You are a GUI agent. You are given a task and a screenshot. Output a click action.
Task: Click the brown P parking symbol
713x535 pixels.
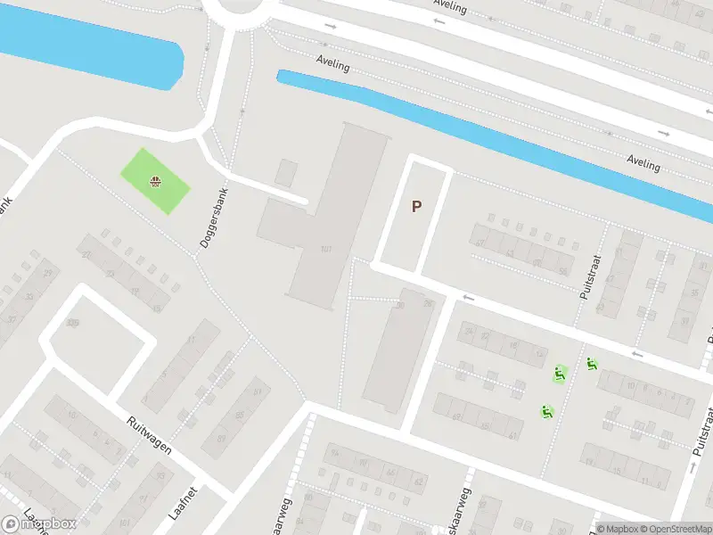[416, 207]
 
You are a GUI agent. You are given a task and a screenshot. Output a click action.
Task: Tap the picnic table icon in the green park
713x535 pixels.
[156, 183]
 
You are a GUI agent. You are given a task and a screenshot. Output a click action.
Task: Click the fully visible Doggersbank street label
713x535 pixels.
[215, 218]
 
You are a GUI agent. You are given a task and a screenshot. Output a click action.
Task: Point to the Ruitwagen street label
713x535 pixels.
[147, 433]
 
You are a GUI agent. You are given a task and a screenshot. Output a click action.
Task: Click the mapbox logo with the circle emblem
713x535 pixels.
[39, 524]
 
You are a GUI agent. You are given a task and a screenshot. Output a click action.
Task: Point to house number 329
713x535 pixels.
[72, 323]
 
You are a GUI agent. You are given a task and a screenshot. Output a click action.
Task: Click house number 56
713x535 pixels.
[562, 271]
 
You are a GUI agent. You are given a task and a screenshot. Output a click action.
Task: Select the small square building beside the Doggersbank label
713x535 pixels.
[287, 172]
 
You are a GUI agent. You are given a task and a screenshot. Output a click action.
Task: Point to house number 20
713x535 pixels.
[86, 255]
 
